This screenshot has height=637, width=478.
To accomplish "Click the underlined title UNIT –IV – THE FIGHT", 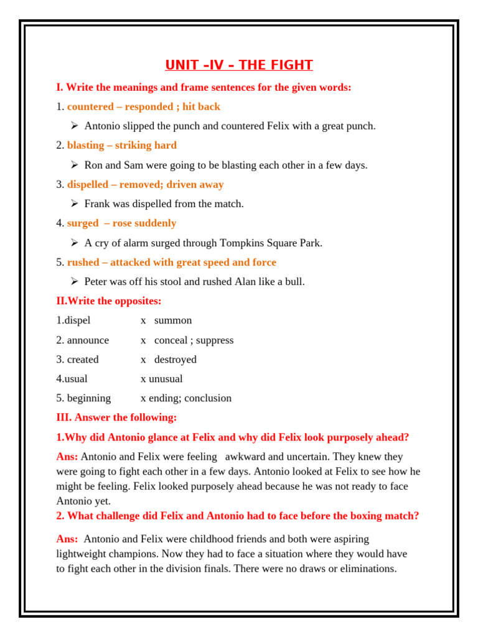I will pyautogui.click(x=239, y=65).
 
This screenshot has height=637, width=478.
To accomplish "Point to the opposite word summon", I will pyautogui.click(x=173, y=320).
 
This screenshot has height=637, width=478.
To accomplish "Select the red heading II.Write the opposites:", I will pyautogui.click(x=109, y=301).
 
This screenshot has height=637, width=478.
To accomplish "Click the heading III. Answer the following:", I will pyautogui.click(x=116, y=417).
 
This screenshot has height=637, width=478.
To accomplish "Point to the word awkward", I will pyautogui.click(x=245, y=457).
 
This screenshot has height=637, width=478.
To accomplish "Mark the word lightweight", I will pyautogui.click(x=84, y=554).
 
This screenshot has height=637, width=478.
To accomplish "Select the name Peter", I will pyautogui.click(x=96, y=282).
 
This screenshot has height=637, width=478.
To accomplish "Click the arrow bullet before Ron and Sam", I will pyautogui.click(x=73, y=165).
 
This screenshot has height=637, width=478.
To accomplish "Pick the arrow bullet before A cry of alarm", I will pyautogui.click(x=73, y=243).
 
